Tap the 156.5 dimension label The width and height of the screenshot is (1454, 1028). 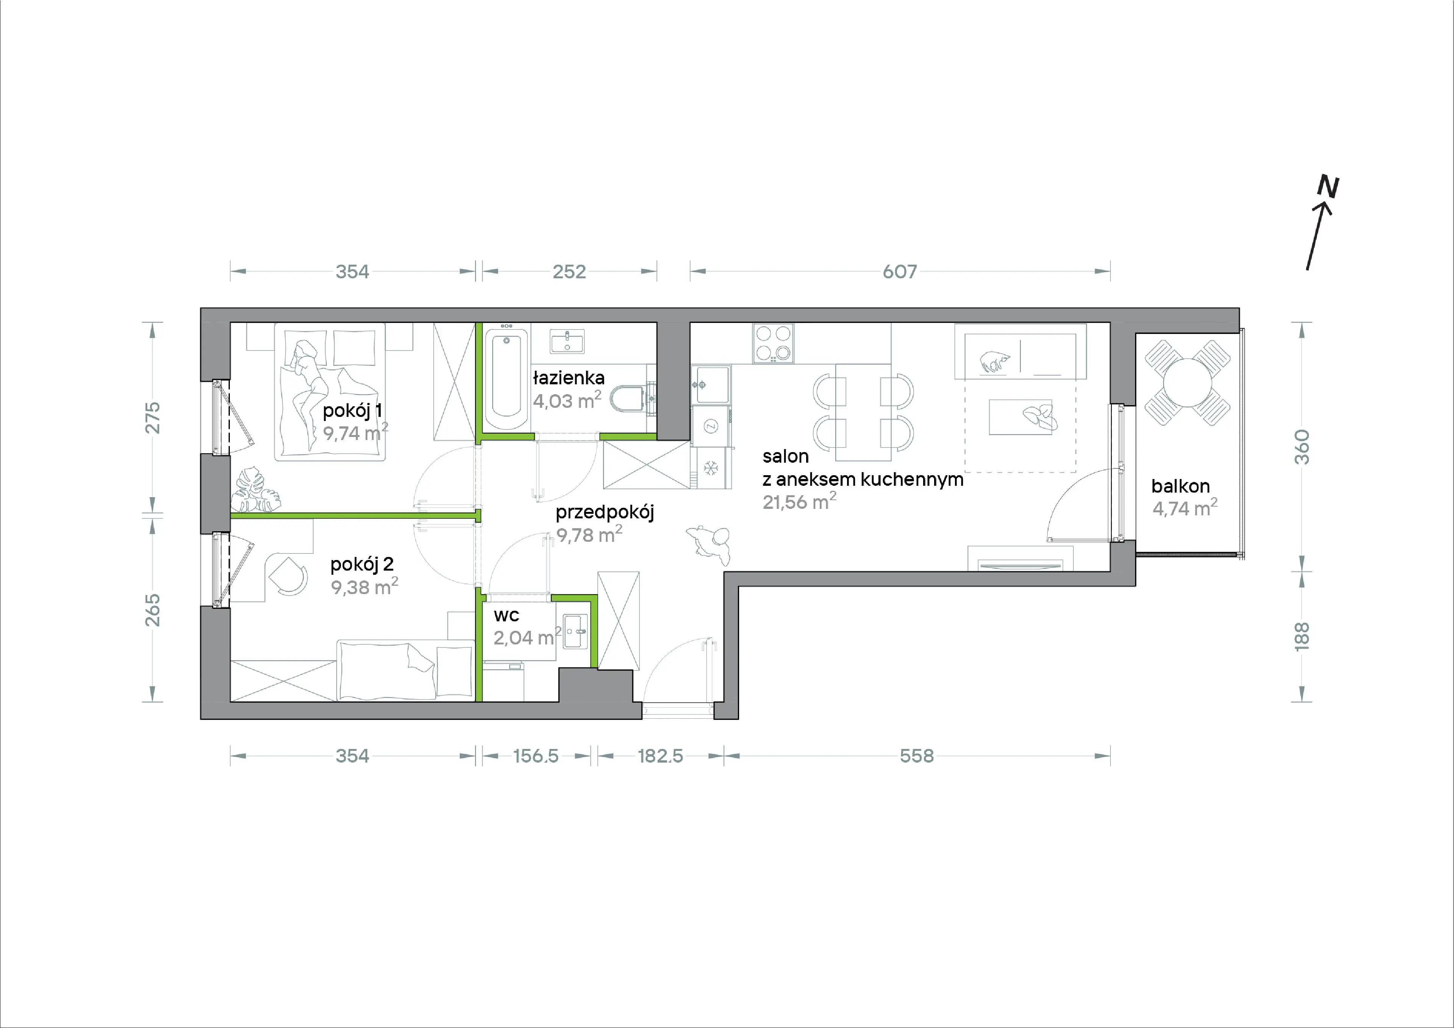click(536, 756)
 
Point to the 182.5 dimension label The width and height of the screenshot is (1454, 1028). click(660, 756)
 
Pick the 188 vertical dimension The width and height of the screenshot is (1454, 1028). click(1301, 636)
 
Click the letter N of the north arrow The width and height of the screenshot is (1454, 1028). click(1328, 187)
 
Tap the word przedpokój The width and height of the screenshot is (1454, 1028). click(605, 512)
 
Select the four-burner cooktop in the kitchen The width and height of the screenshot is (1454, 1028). click(773, 343)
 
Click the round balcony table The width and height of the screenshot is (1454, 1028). click(1187, 382)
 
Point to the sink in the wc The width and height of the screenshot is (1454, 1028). click(575, 632)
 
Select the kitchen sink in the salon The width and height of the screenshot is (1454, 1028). click(711, 384)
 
